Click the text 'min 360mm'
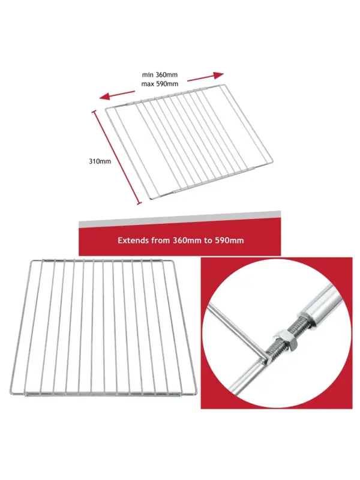click(160, 74)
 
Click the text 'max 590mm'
click(160, 84)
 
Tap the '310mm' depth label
click(100, 161)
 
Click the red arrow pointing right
click(205, 77)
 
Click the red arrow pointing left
click(116, 95)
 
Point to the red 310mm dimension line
click(117, 157)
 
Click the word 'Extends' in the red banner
click(133, 241)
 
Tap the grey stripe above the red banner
click(179, 220)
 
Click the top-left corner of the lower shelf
click(32, 261)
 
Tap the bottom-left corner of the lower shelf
click(11, 393)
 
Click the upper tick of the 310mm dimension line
click(94, 112)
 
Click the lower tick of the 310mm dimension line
click(140, 203)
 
